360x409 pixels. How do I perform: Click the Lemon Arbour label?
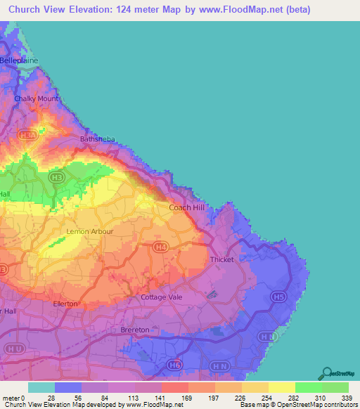(85, 231)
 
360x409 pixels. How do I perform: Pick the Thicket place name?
(221, 260)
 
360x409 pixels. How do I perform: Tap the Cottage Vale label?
(162, 297)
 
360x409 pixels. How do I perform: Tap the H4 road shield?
(161, 247)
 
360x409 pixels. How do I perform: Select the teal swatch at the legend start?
(41, 387)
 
